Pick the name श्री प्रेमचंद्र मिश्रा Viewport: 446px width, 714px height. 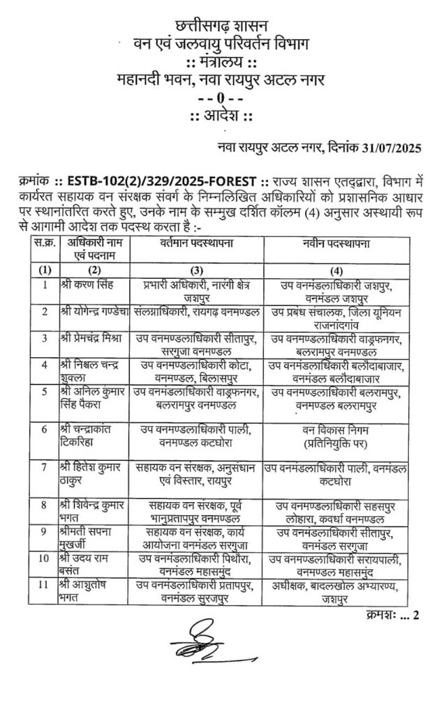coord(91,338)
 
